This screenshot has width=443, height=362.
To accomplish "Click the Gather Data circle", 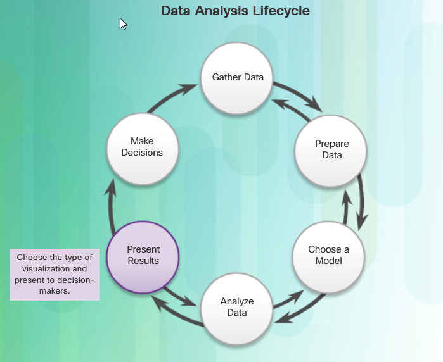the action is tap(237, 78).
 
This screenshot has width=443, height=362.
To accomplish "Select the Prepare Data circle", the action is tap(331, 151).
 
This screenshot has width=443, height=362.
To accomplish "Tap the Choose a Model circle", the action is tap(328, 257).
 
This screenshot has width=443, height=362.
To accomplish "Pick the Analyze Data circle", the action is tap(237, 309).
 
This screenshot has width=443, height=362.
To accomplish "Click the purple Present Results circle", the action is tap(143, 258).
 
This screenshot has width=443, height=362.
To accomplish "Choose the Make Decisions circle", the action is tap(143, 149).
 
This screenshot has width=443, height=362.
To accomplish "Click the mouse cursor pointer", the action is tap(123, 23).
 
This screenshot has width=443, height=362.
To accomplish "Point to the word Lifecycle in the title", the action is tap(281, 11).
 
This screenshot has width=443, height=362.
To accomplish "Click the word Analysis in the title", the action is tap(222, 11).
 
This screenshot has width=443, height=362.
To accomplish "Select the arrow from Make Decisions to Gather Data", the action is tap(169, 96).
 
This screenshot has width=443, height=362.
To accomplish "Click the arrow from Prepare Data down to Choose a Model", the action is tap(361, 203).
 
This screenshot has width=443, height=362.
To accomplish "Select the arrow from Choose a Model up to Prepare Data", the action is tap(347, 206).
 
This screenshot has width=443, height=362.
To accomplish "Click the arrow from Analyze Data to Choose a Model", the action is tap(289, 299).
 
